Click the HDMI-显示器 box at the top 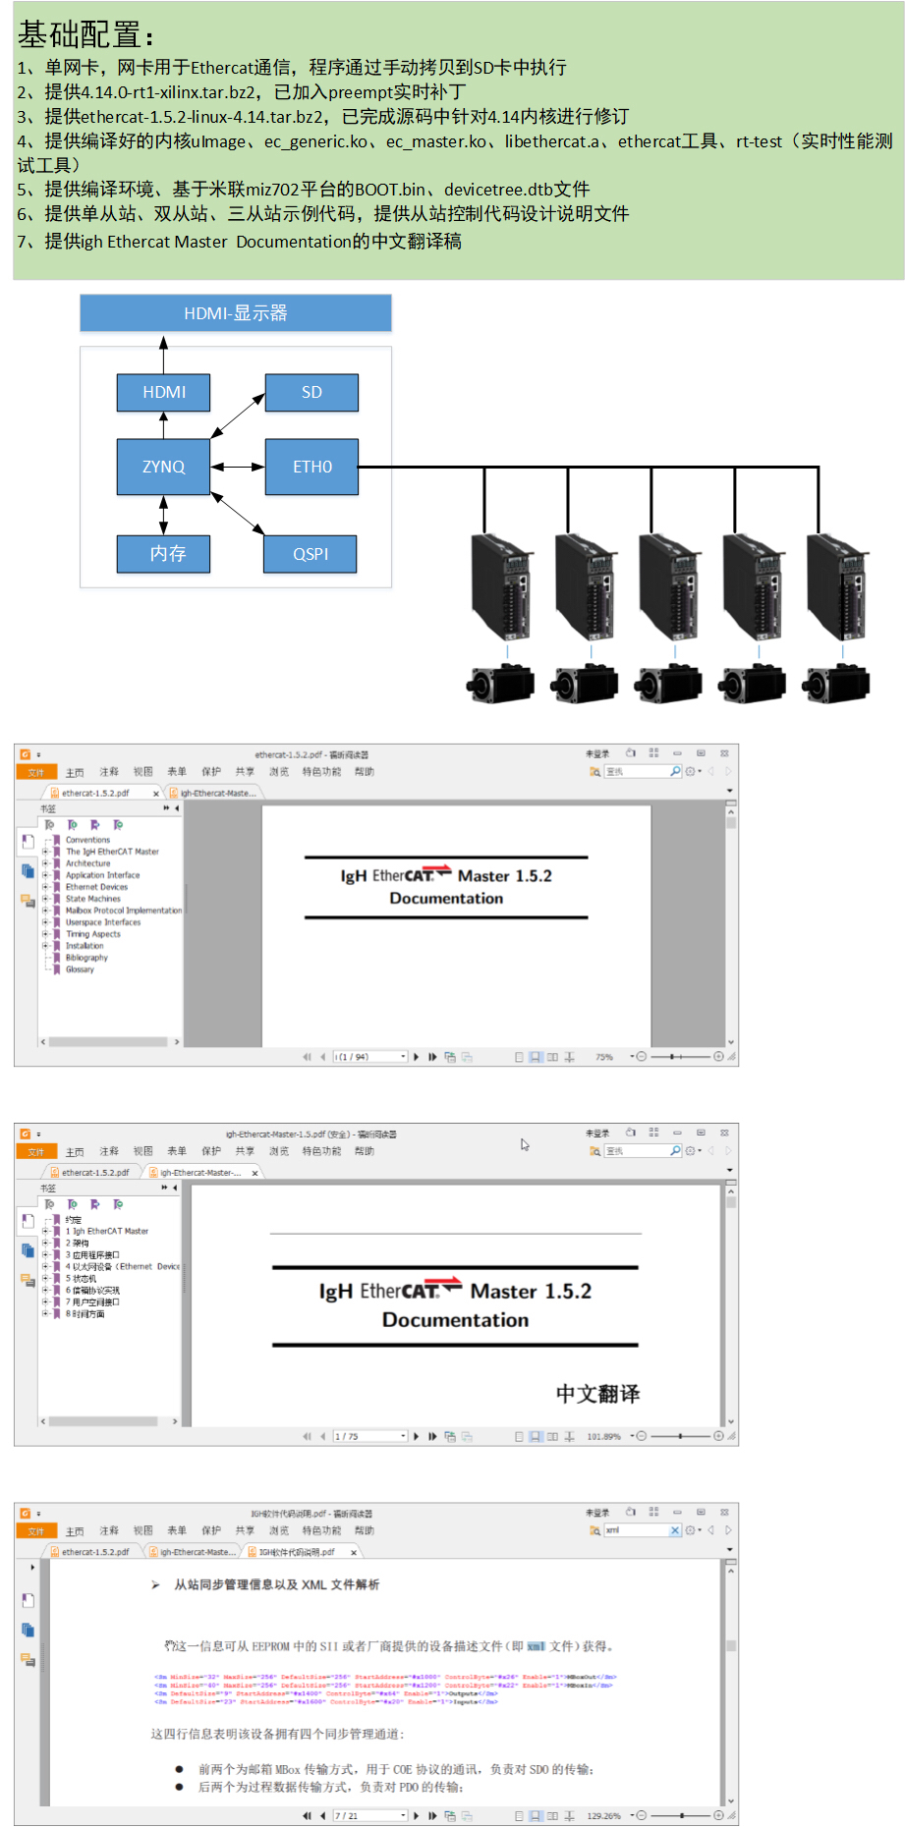(236, 313)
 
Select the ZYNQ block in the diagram (163, 467)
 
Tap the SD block (311, 392)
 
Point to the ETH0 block (311, 467)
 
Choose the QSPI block (311, 554)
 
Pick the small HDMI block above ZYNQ (163, 392)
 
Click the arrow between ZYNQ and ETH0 (238, 467)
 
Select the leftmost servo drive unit (503, 587)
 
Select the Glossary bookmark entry (80, 969)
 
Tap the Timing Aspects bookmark (93, 934)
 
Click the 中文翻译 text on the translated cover (597, 1393)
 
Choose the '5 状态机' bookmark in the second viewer (82, 1279)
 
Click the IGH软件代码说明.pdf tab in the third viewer (296, 1552)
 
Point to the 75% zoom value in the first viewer (603, 1057)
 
